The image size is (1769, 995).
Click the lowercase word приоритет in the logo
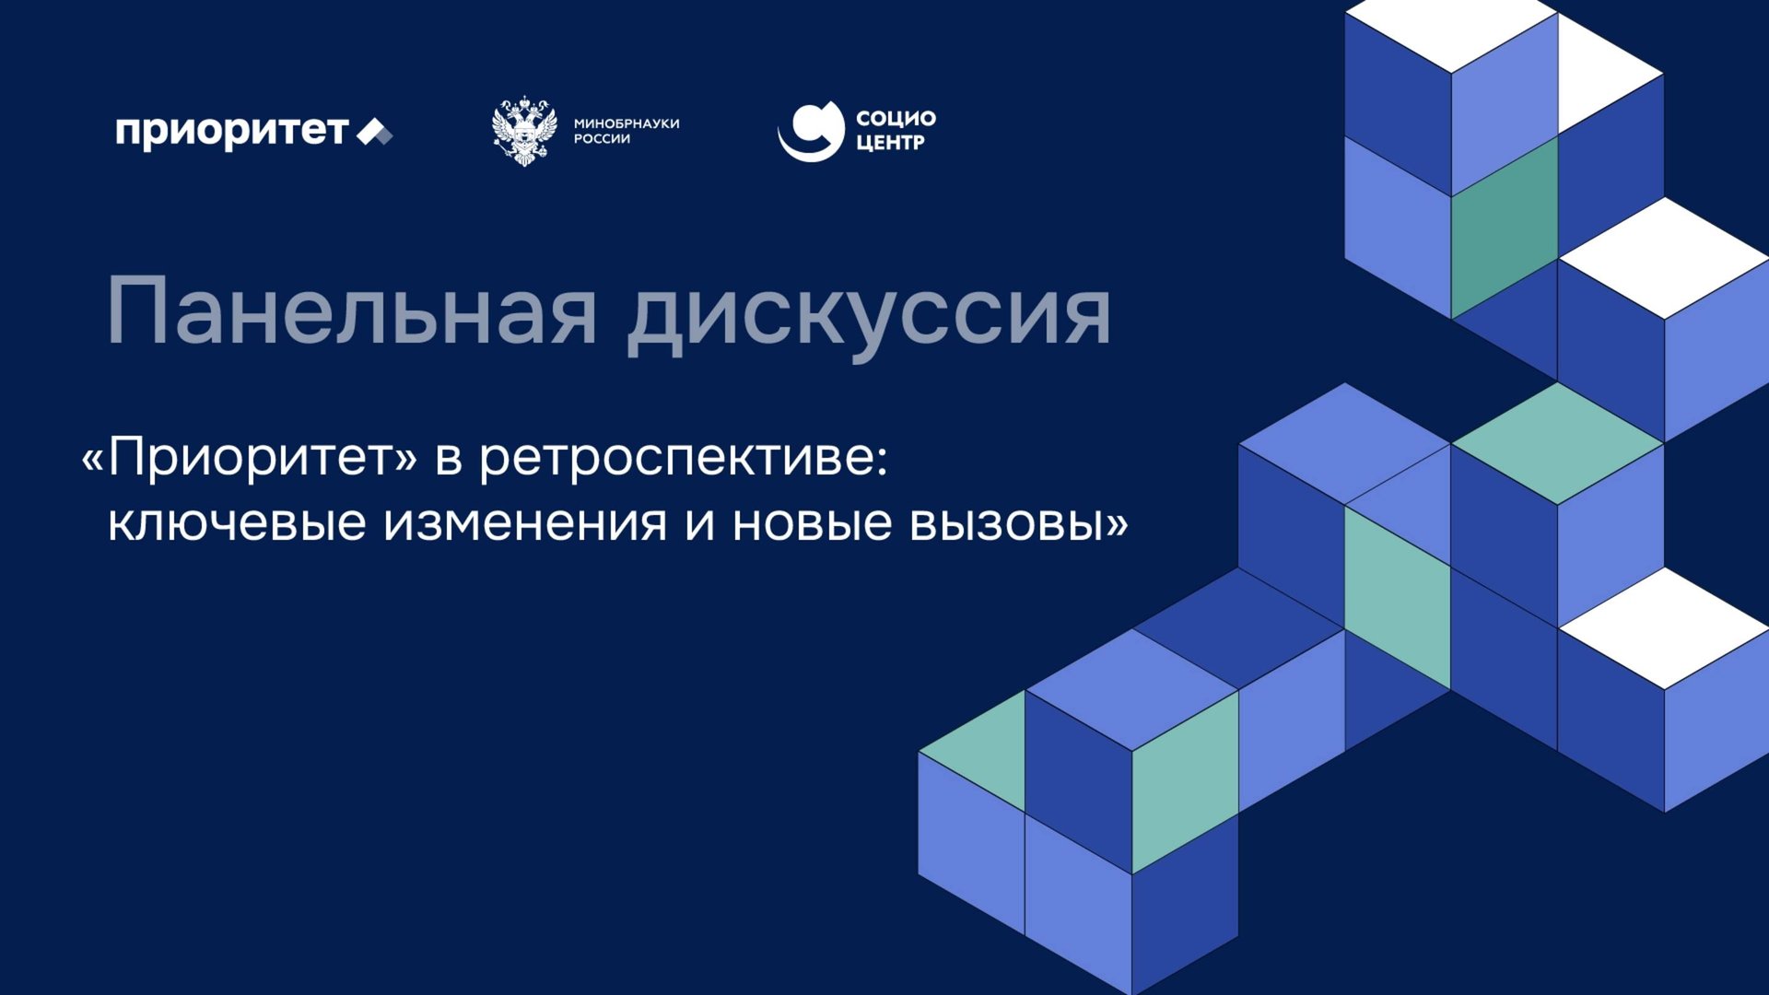pos(231,132)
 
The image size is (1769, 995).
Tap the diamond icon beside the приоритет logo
pos(374,133)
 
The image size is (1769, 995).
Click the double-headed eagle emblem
pos(524,130)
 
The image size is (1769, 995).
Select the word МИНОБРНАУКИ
pos(627,123)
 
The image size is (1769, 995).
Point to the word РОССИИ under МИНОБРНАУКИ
pos(602,139)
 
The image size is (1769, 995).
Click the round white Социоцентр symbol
pos(811,131)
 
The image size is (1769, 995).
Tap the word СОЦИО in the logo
pos(896,118)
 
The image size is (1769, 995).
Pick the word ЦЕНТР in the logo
pos(890,143)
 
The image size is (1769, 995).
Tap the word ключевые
pos(237,523)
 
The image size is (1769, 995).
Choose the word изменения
pos(525,523)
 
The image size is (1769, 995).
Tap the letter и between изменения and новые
pos(699,523)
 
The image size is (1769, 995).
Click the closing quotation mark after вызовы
pos(1117,523)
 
